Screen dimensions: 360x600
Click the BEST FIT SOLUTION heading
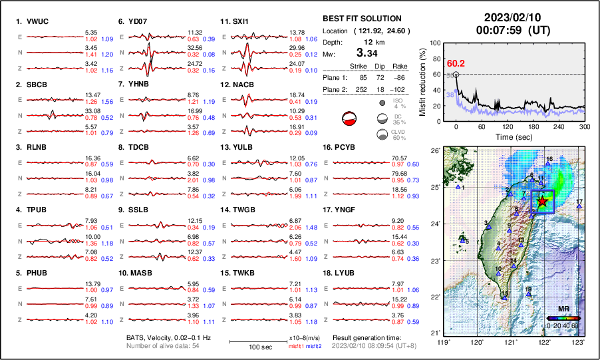(x=361, y=18)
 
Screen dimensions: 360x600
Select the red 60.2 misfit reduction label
(x=456, y=63)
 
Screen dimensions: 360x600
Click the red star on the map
(x=543, y=201)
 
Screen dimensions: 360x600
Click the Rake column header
(x=400, y=66)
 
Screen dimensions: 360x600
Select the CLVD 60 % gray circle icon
(x=382, y=134)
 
